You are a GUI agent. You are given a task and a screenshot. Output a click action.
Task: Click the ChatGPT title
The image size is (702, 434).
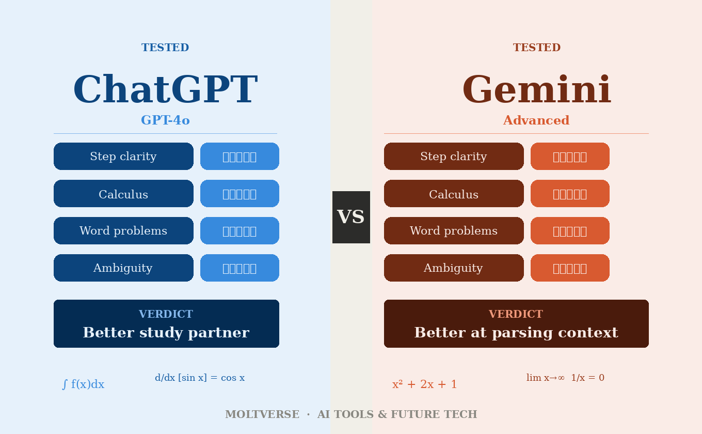[x=165, y=91]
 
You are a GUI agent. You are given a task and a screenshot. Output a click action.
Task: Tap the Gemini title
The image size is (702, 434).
[x=536, y=91]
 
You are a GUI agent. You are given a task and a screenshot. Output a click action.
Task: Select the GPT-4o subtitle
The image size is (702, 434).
[x=165, y=120]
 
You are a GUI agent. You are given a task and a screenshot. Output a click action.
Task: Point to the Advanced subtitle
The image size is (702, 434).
[x=536, y=120]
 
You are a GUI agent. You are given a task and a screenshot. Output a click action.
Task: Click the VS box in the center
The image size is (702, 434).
[x=351, y=217]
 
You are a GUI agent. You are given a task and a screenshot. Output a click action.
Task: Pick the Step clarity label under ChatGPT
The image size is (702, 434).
[x=123, y=157]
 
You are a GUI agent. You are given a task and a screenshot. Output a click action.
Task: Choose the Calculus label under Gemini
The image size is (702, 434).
[x=454, y=194]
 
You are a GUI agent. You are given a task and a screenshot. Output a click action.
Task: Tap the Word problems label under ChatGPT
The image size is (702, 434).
[x=123, y=231]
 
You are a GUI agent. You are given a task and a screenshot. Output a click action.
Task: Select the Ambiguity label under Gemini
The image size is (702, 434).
[x=454, y=268]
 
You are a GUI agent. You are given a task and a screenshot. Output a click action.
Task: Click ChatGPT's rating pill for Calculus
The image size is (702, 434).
[x=240, y=194]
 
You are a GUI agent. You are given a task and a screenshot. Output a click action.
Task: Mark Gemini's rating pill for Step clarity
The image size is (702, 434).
[x=570, y=157]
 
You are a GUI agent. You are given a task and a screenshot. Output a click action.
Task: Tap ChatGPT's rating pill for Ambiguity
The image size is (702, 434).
[x=240, y=268]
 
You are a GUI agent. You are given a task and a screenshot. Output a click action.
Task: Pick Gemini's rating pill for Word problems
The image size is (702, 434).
[x=570, y=231]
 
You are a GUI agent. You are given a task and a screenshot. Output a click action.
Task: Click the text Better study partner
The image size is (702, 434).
[x=166, y=333]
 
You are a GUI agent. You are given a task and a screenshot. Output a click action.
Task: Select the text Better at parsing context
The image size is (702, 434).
[x=516, y=333]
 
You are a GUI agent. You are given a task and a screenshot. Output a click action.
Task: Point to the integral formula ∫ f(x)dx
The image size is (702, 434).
[x=83, y=384]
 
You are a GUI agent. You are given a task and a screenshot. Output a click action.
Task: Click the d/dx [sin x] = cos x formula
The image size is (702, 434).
[x=200, y=378]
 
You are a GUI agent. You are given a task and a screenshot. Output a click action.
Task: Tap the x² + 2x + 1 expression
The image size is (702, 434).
[x=425, y=384]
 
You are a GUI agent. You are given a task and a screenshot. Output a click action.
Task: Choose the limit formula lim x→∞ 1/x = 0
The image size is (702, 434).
[x=565, y=378]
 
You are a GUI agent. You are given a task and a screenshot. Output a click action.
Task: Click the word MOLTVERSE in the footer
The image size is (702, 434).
[x=262, y=414]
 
